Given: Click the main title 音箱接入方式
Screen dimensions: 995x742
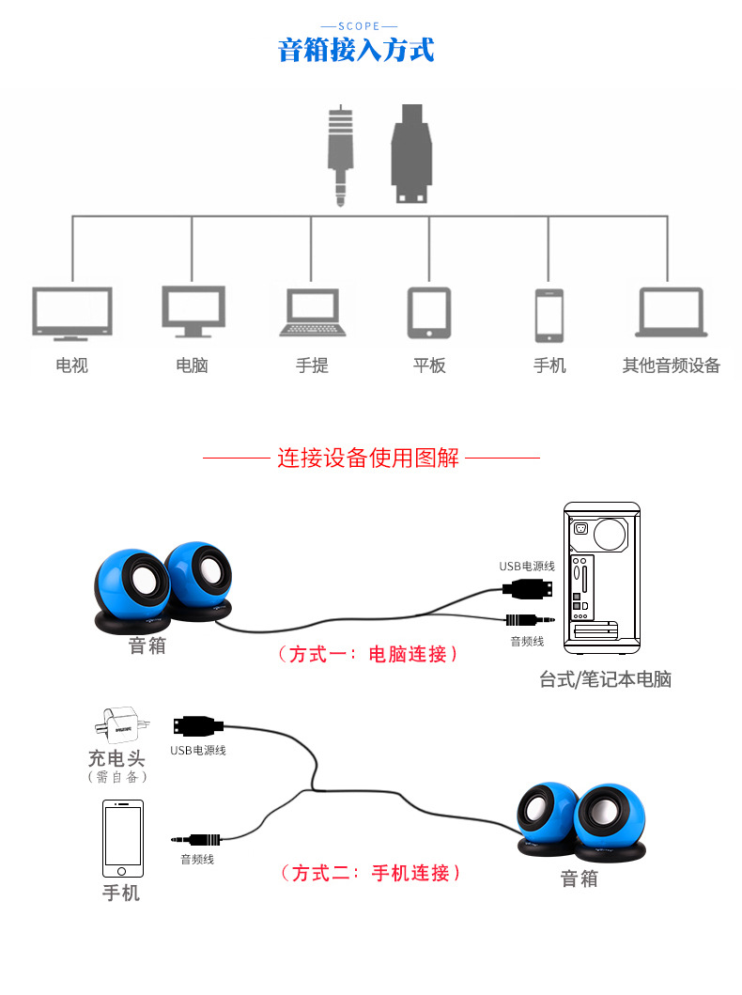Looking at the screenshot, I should point(356,50).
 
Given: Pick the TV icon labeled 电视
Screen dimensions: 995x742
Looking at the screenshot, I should point(72,312).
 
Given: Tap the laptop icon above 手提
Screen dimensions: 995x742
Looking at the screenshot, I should point(312,313).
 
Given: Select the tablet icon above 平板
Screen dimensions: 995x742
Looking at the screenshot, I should point(428,313).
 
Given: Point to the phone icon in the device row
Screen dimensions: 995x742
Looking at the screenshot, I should point(549,316).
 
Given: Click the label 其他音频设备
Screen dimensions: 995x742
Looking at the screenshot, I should point(671,365).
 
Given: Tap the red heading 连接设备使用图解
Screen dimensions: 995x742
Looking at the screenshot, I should point(368,459).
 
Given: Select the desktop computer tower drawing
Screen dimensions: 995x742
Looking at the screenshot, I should point(602,577).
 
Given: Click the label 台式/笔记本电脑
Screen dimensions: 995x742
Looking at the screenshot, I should point(605,679).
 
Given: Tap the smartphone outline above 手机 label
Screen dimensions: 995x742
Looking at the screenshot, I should point(123,838).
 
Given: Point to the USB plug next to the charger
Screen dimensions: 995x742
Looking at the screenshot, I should point(198,725).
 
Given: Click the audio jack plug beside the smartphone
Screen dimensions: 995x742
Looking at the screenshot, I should point(199,839).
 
